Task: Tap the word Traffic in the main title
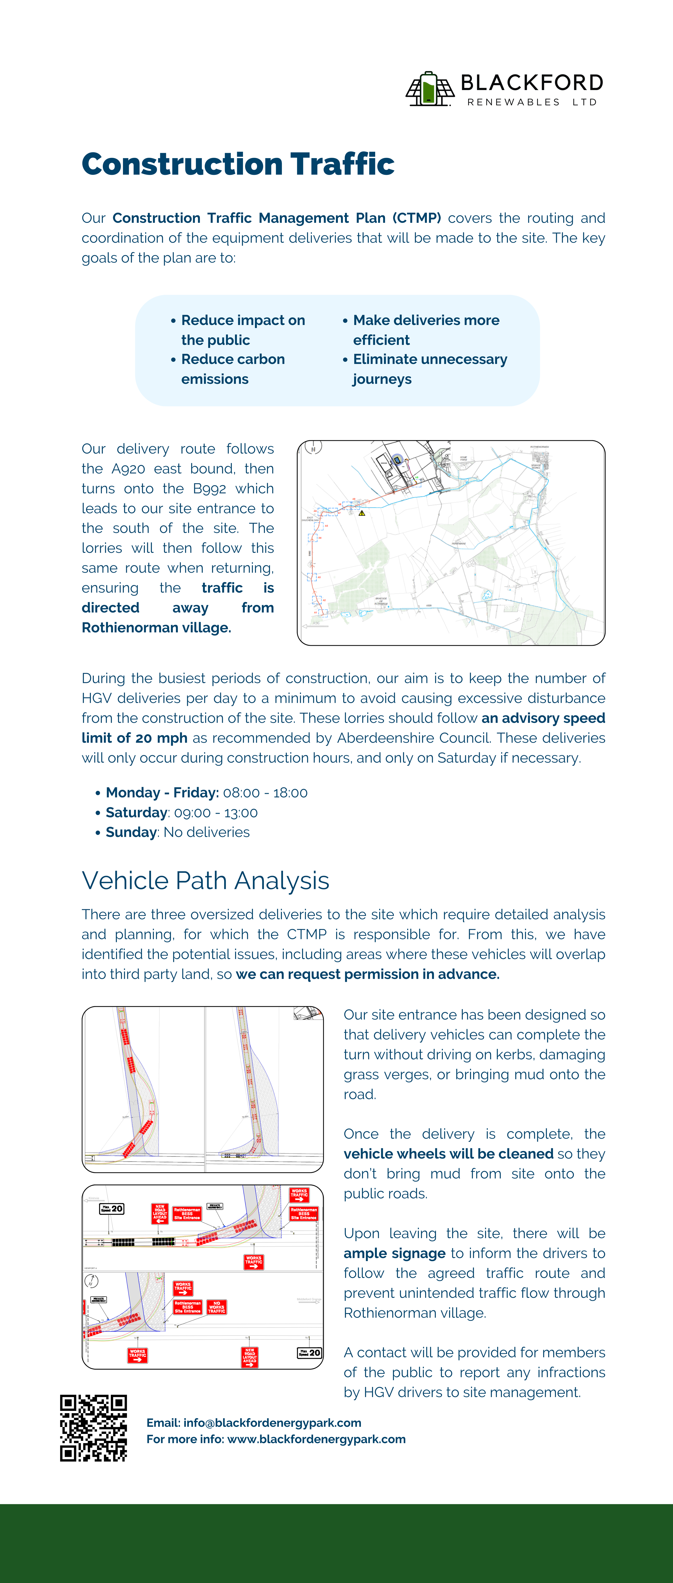pyautogui.click(x=342, y=164)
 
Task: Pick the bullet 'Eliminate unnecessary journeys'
pyautogui.click(x=430, y=369)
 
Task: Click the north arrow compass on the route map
pyautogui.click(x=313, y=447)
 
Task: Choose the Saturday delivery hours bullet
pyautogui.click(x=181, y=812)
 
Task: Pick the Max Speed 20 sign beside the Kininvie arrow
pyautogui.click(x=112, y=1209)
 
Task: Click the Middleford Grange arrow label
pyautogui.click(x=308, y=1300)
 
